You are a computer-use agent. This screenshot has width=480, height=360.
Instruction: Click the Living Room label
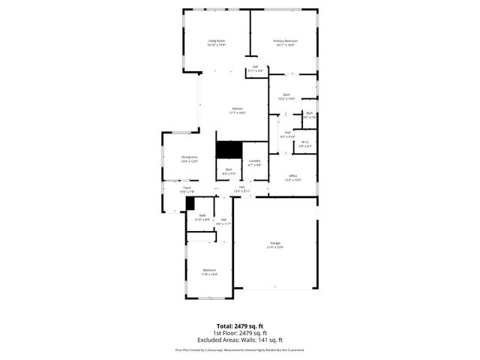(217, 40)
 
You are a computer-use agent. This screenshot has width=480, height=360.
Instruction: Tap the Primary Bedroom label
(285, 40)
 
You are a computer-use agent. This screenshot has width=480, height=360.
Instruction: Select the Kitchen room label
(237, 109)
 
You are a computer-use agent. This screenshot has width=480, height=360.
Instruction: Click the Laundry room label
(254, 160)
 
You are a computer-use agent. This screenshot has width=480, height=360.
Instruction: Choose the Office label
(292, 175)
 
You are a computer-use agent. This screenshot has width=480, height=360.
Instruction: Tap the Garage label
(275, 243)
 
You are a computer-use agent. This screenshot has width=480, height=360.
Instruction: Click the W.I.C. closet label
(305, 142)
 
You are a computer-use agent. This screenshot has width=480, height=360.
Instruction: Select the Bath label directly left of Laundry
(229, 169)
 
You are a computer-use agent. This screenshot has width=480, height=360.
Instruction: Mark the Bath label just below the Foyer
(202, 216)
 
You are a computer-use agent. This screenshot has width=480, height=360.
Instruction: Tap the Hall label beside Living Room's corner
(255, 66)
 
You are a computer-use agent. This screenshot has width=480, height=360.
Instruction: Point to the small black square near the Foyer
(190, 203)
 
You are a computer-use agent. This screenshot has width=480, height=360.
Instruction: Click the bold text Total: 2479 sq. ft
(240, 326)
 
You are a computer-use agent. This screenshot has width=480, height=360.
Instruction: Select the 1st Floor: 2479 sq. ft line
(240, 333)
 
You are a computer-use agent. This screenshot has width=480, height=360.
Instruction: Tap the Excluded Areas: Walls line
(240, 340)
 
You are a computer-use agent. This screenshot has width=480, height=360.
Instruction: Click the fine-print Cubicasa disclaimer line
(240, 349)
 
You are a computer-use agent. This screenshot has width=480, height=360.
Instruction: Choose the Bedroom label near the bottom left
(209, 270)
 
